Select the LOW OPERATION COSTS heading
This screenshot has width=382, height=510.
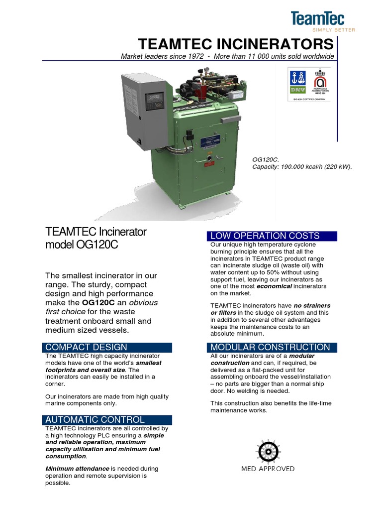click(265, 236)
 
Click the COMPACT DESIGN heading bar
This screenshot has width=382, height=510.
click(86, 347)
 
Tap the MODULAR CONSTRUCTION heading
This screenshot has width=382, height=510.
click(270, 347)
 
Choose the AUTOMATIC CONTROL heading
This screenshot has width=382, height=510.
click(95, 420)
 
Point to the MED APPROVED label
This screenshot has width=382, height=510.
click(268, 469)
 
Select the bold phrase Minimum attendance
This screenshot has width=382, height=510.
click(77, 469)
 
